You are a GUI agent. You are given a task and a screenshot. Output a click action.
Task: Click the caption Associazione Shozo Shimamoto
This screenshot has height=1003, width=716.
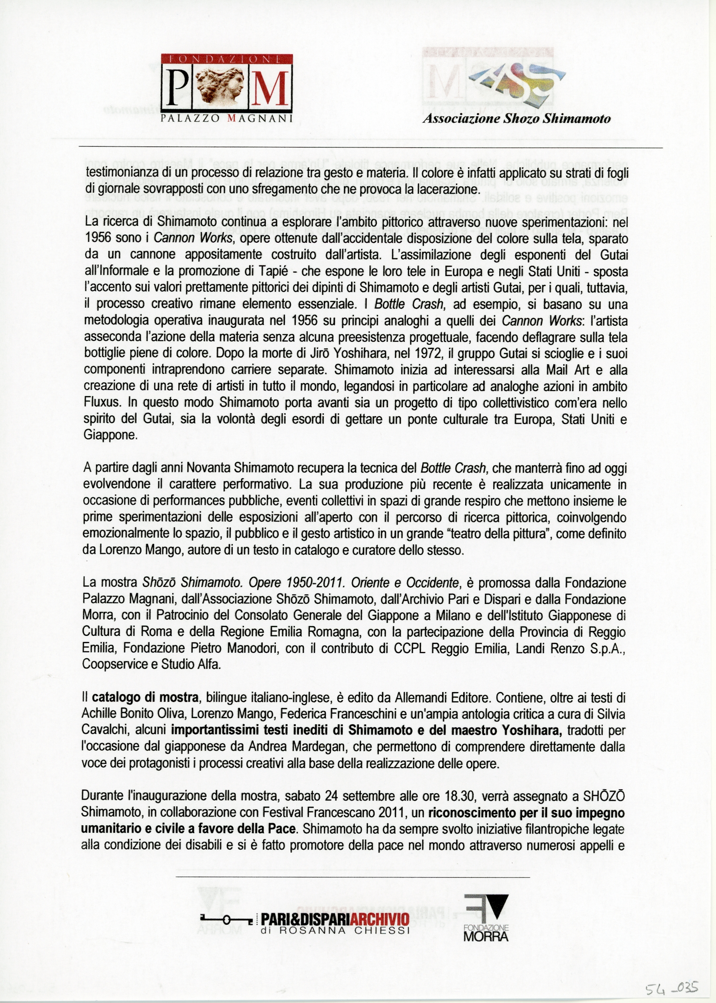coord(516,118)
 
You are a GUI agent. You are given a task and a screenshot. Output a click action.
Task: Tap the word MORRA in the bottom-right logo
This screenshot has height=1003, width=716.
coord(486,936)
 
